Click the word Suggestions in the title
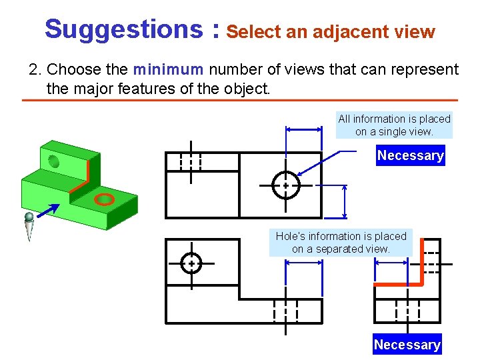(119, 29)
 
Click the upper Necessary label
(410, 155)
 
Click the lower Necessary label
(407, 345)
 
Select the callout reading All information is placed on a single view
(394, 125)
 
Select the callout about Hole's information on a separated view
(341, 242)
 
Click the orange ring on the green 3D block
(104, 199)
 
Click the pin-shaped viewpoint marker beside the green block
(29, 227)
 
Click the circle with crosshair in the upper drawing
(286, 185)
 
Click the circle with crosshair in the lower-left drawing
(191, 264)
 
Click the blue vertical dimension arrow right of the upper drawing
(345, 201)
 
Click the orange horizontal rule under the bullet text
(239, 100)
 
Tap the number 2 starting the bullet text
(33, 69)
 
